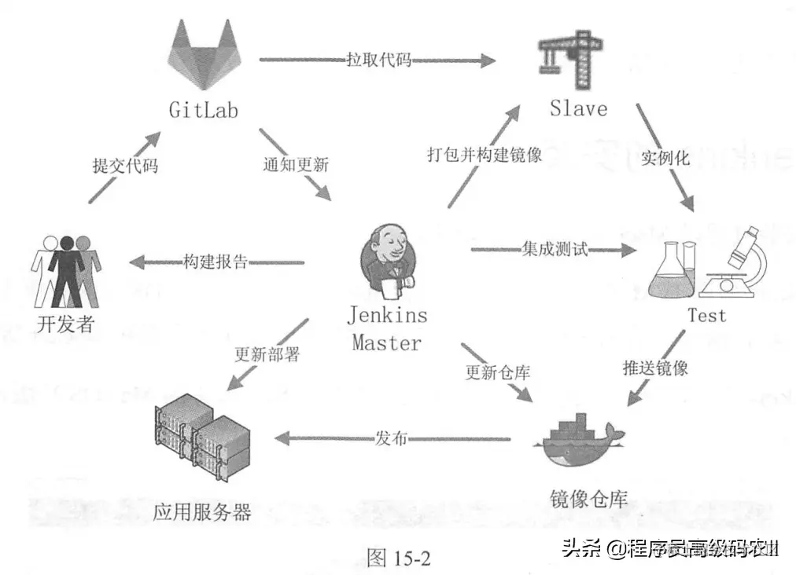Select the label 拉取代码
378,60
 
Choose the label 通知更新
296,166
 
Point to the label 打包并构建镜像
485,155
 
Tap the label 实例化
665,158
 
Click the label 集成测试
554,250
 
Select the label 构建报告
216,262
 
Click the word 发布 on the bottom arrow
391,438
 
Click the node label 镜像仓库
588,498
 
